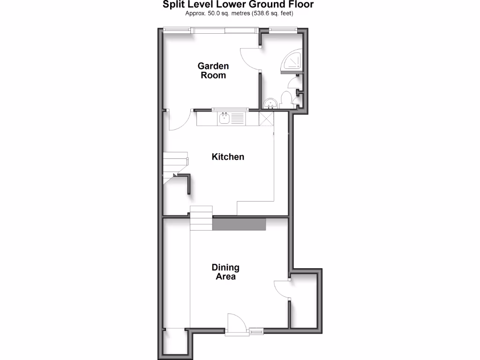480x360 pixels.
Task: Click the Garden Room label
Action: click(213, 71)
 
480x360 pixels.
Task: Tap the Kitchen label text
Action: click(228, 157)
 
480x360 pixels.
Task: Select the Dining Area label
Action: click(225, 272)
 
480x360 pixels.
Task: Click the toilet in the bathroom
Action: click(286, 100)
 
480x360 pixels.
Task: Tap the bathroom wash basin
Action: click(270, 104)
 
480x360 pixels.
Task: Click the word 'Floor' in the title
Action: click(300, 5)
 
